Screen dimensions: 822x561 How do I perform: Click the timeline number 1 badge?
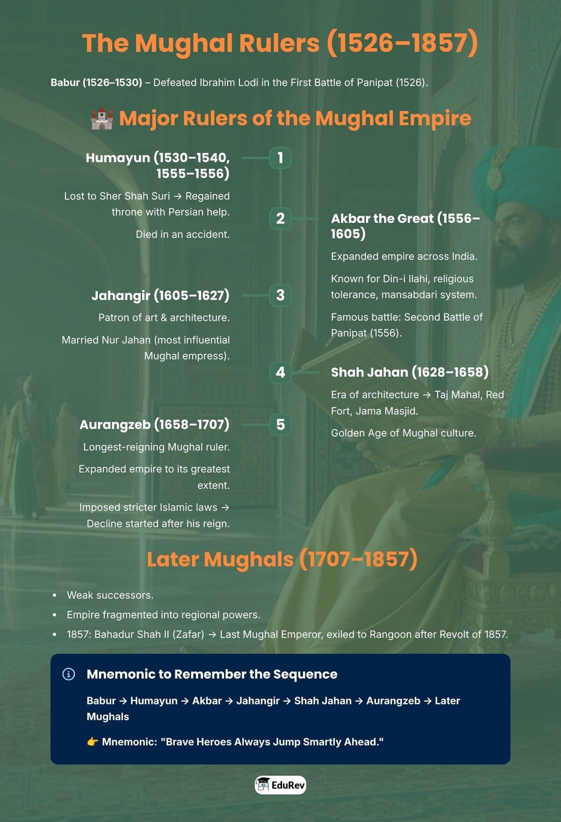[280, 157]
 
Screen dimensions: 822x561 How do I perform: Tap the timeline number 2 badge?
[280, 218]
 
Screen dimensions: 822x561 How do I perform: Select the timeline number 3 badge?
[280, 295]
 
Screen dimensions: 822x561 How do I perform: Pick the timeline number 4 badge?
[280, 372]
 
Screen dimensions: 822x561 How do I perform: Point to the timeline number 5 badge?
[280, 424]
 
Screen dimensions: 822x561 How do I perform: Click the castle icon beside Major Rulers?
[102, 119]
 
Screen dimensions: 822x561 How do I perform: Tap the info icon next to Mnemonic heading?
[69, 674]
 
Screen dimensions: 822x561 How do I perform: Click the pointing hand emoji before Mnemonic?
[93, 742]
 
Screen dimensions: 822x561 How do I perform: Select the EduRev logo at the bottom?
[280, 785]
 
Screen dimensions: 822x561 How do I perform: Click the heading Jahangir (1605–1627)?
[160, 295]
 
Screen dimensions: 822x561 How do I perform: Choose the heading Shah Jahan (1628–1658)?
[410, 372]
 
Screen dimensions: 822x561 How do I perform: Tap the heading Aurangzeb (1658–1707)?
[154, 424]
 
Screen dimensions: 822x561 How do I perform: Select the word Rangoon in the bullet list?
[398, 634]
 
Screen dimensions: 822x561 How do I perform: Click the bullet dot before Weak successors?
[55, 595]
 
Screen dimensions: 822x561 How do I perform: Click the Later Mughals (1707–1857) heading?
[282, 559]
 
